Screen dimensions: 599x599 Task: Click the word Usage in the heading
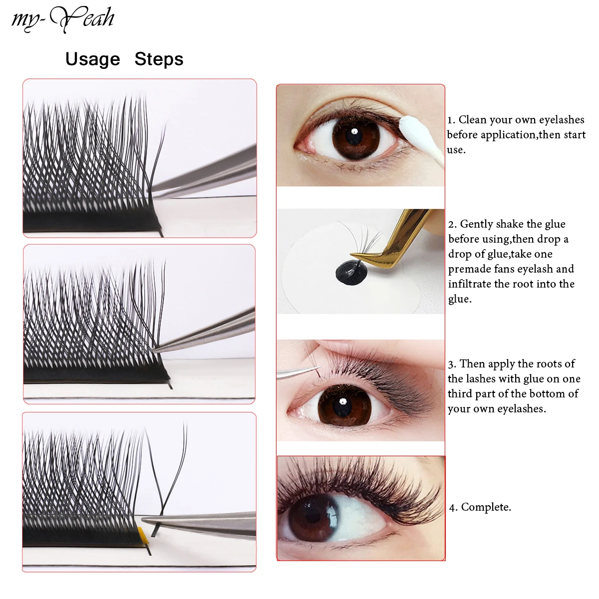93,59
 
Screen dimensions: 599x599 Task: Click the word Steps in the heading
159,59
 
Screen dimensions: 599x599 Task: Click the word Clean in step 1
472,120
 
